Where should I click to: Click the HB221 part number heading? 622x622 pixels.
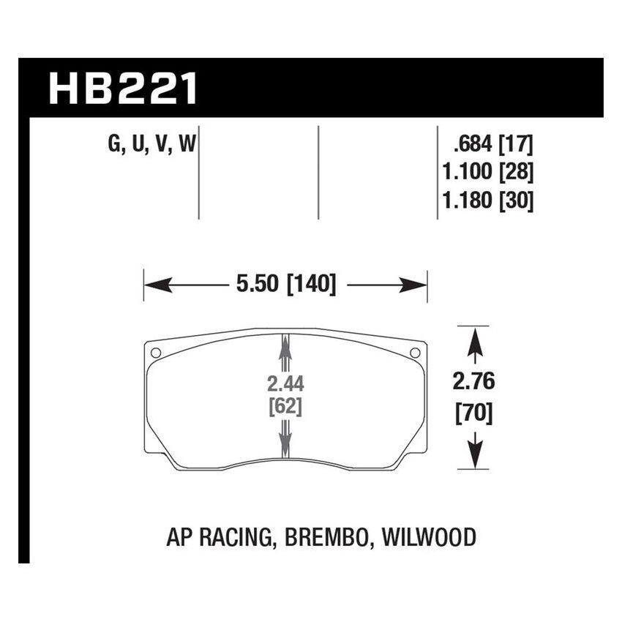[x=123, y=89]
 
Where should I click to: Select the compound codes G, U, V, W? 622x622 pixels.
[x=151, y=144]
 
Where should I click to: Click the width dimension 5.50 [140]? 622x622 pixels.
[x=285, y=284]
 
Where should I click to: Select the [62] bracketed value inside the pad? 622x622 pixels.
[x=285, y=407]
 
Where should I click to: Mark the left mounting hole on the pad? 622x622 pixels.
[x=155, y=353]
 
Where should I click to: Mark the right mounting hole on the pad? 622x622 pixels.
[x=415, y=353]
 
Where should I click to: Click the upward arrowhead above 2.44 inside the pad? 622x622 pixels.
[x=285, y=346]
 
